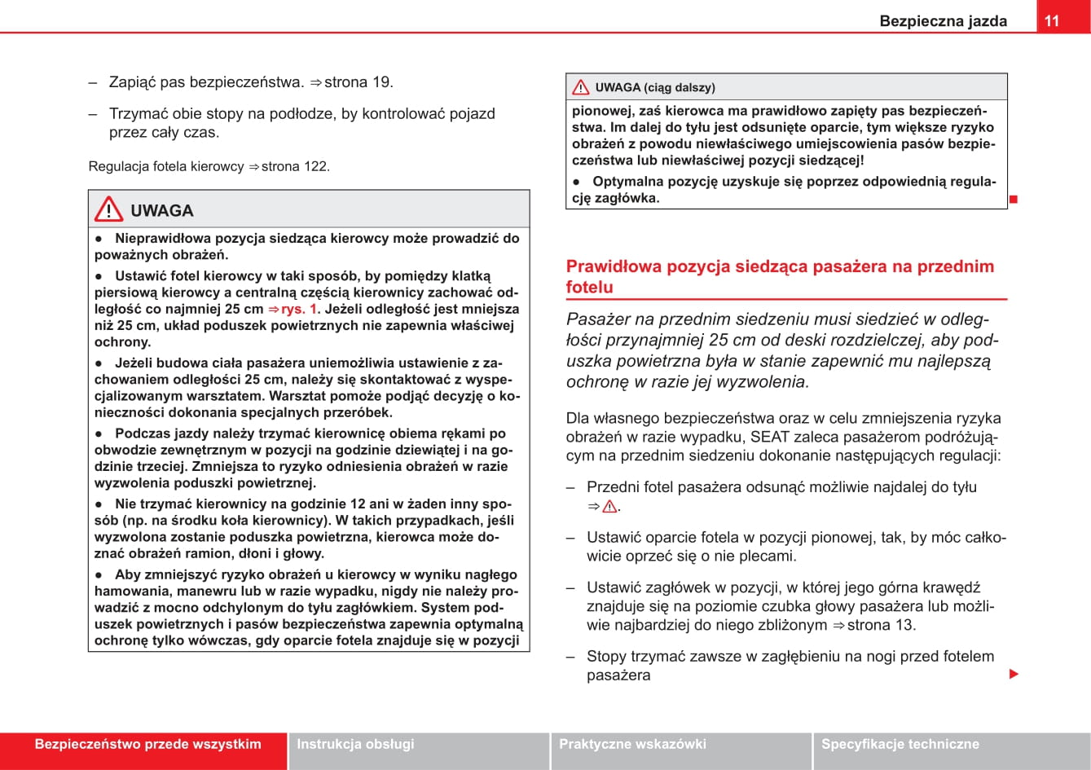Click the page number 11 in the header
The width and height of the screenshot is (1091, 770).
[x=1052, y=20]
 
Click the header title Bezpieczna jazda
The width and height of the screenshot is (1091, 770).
[x=943, y=21]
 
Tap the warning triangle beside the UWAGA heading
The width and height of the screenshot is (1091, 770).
[x=108, y=210]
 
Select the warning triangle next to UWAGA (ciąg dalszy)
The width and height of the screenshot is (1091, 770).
[x=580, y=87]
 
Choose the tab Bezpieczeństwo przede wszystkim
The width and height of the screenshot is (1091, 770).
[x=147, y=744]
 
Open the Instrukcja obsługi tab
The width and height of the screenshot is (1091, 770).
[x=355, y=744]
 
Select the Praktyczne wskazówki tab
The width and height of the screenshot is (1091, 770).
[x=632, y=744]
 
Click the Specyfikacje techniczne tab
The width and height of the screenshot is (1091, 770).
[x=900, y=744]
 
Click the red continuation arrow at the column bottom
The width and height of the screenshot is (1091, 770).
[x=1014, y=674]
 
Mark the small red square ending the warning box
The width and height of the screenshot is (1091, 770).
[x=1014, y=199]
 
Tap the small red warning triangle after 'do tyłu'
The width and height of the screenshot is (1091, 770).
[x=609, y=507]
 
